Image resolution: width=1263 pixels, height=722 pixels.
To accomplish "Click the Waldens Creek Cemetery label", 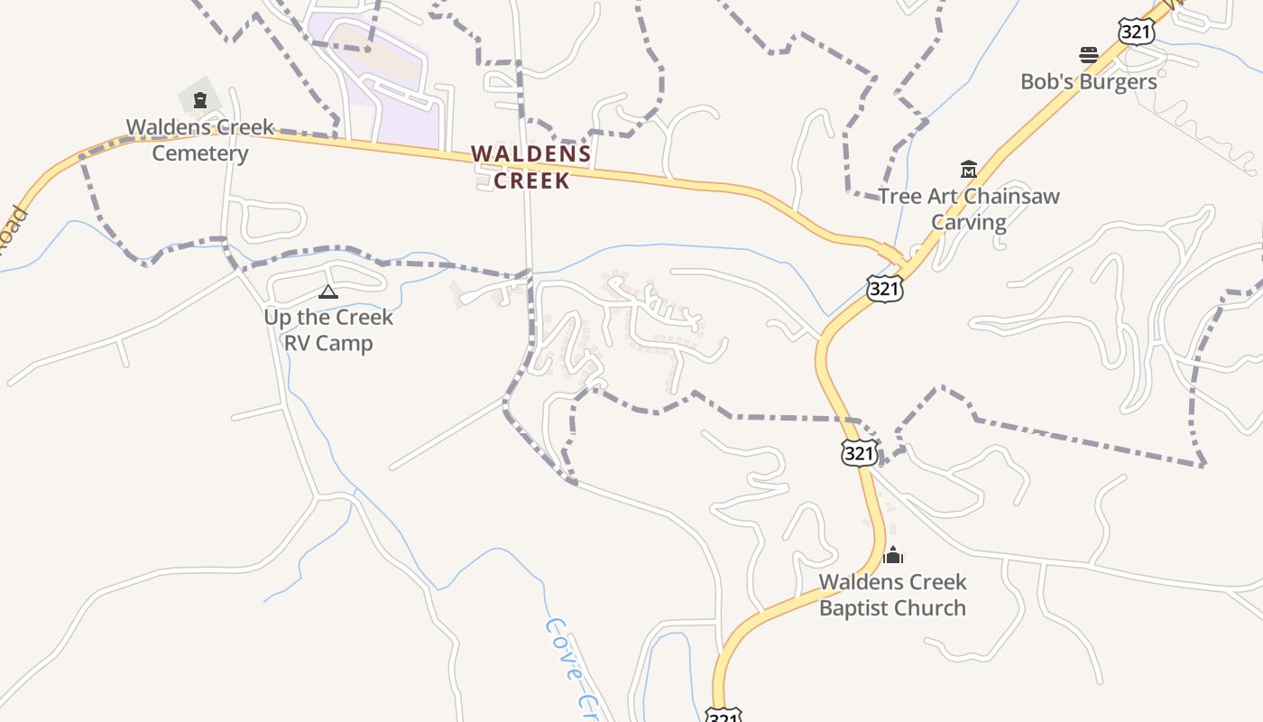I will (199, 140).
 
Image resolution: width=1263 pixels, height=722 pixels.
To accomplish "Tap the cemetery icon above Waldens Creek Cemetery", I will (200, 100).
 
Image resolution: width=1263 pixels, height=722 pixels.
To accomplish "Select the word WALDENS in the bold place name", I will (530, 154).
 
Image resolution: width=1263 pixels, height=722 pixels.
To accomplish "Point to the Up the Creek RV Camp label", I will (328, 329).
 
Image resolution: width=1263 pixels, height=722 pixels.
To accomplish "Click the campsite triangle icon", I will (328, 292).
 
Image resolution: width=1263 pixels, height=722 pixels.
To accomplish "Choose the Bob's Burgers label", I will (1088, 81).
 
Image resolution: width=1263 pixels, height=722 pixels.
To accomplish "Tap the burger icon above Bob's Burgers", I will (1089, 55).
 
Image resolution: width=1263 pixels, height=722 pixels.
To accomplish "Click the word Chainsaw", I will (1011, 196).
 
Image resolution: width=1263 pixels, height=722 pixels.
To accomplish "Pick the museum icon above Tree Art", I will (969, 169).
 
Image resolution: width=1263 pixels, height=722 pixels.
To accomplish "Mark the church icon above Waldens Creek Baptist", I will (893, 555).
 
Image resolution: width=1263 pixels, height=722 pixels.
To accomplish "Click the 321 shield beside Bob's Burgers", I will (1136, 32).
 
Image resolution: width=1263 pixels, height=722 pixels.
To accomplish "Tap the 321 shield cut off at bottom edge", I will (723, 716).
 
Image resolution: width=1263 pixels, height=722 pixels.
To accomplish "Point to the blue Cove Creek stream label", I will (572, 668).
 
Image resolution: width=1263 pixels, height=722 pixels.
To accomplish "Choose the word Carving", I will (968, 222).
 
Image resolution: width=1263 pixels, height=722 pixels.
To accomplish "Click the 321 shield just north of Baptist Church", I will (858, 452).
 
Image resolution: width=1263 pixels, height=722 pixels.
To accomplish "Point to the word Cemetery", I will (199, 153).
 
